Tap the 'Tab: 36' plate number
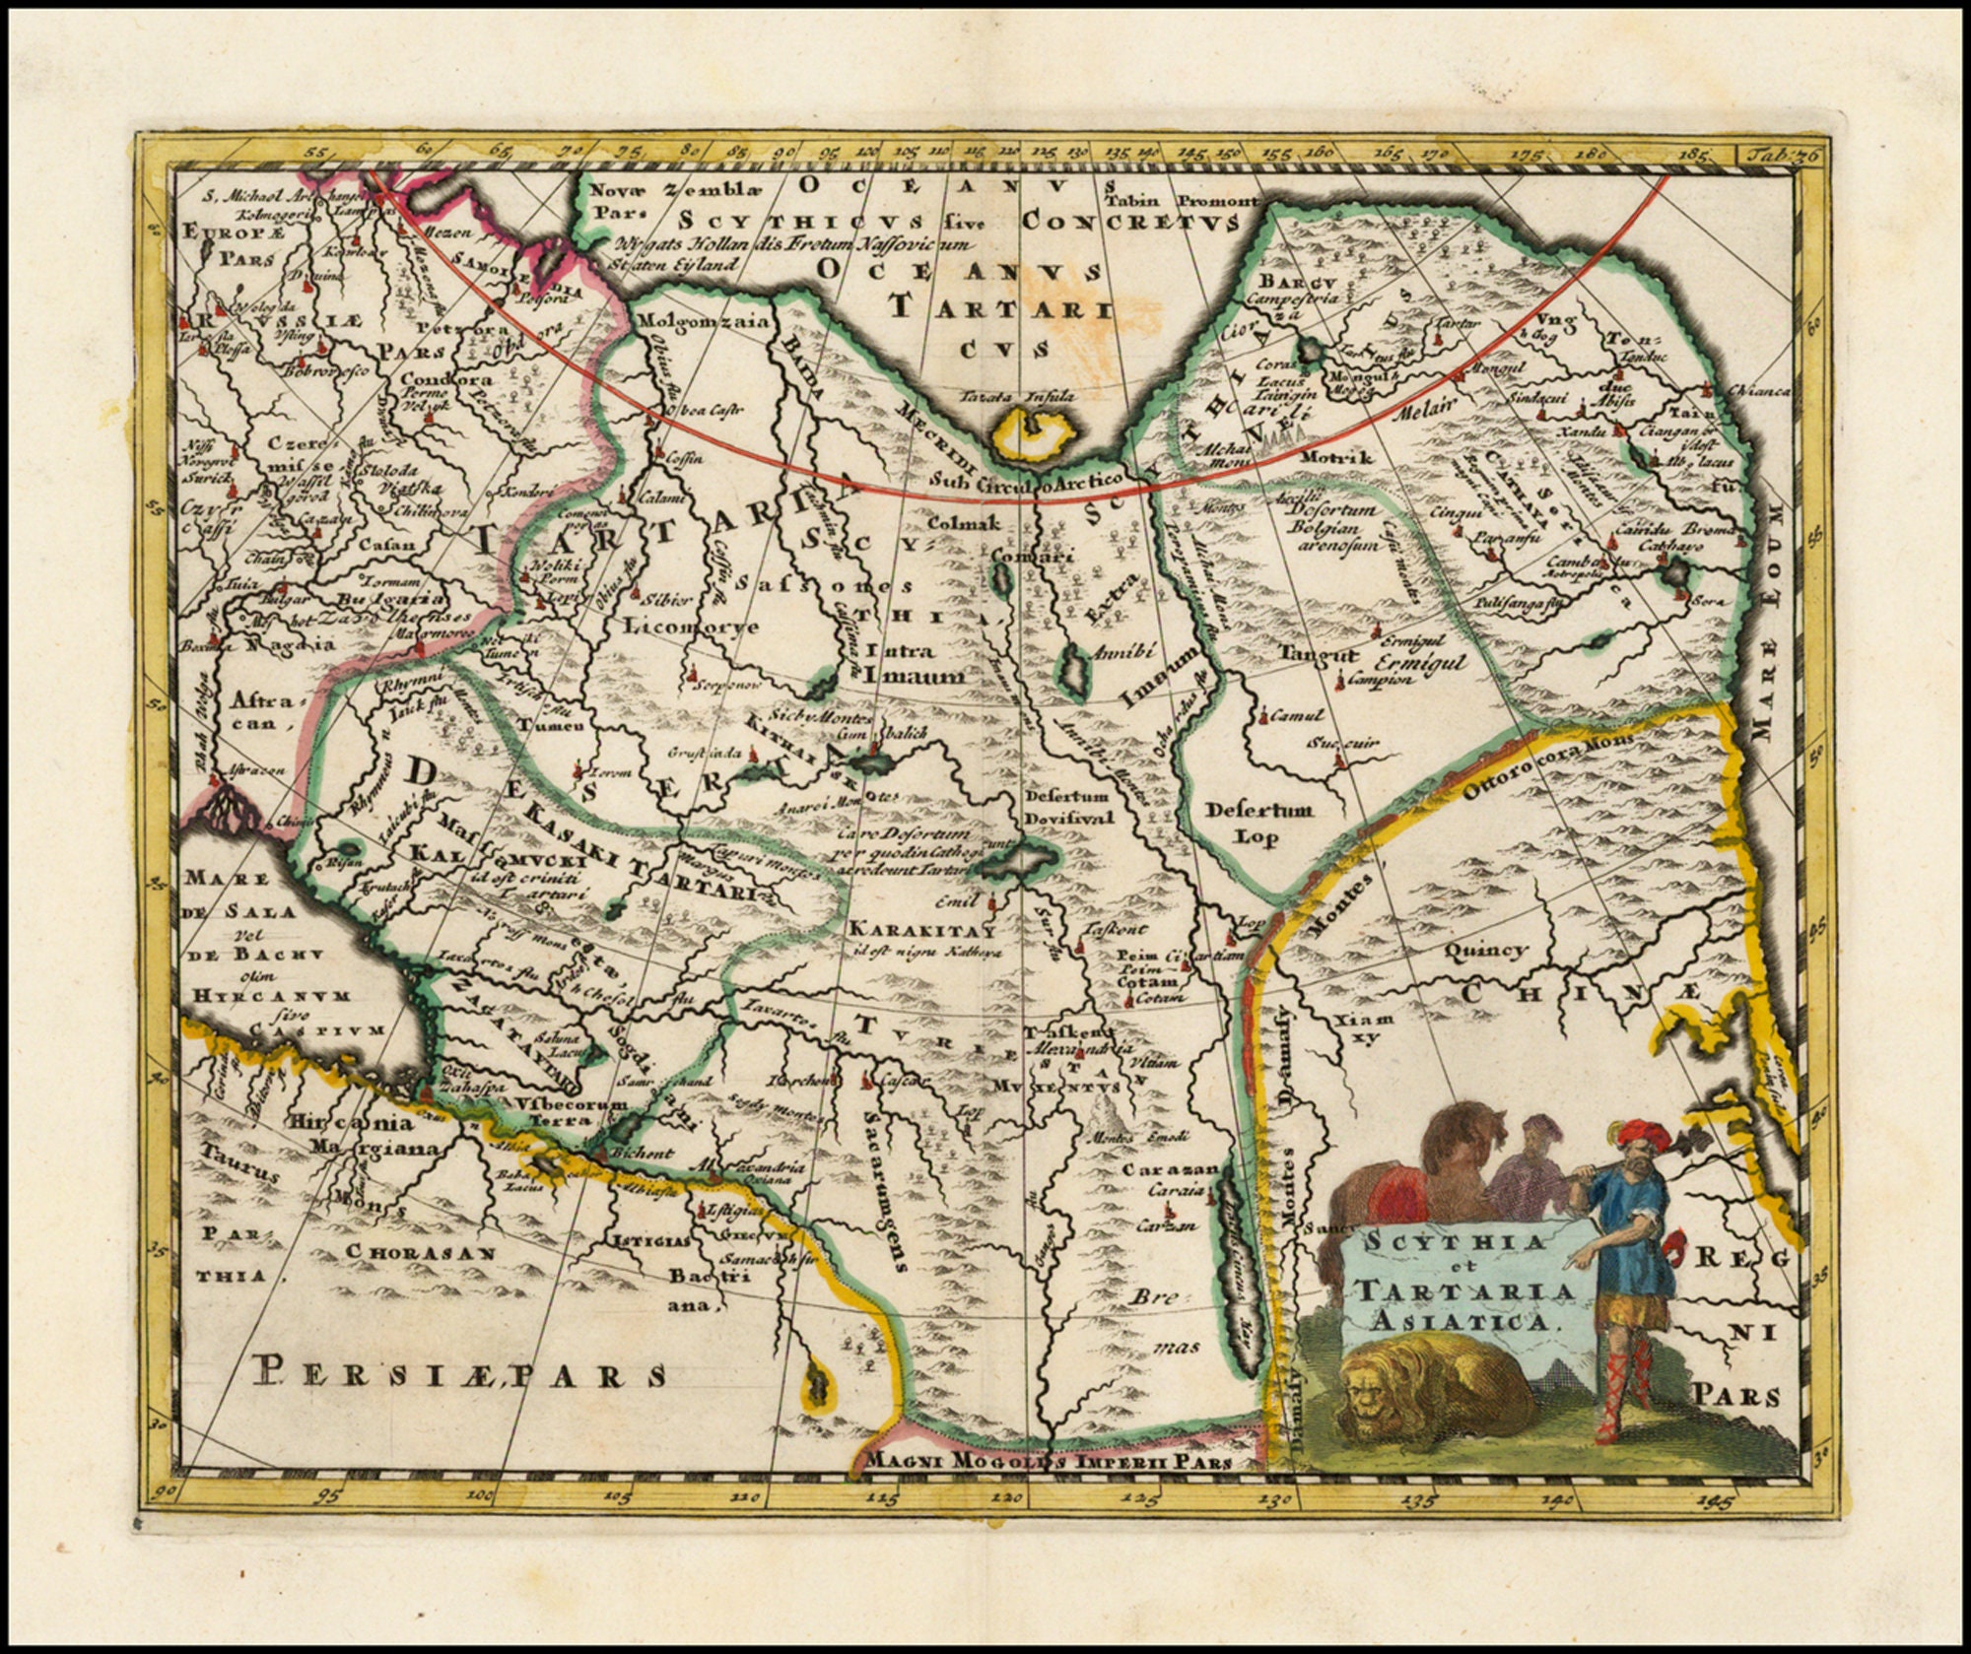(x=1768, y=156)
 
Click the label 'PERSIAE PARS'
(x=459, y=1371)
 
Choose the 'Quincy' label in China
(x=1486, y=950)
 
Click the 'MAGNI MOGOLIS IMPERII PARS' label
(x=1048, y=1460)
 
